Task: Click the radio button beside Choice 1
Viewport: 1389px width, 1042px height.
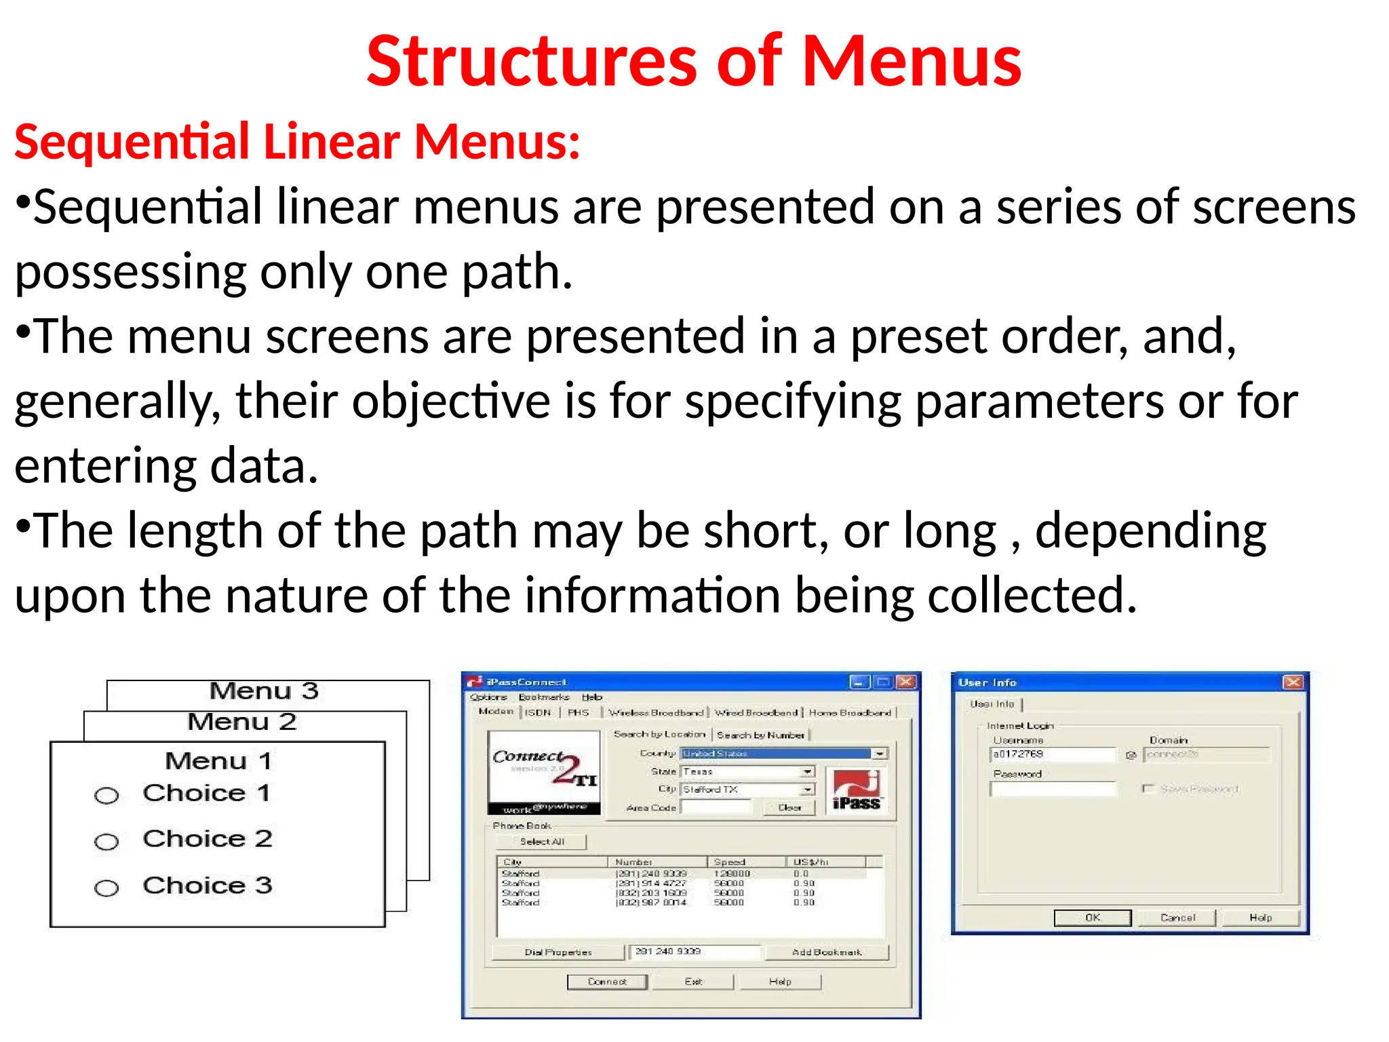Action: click(106, 795)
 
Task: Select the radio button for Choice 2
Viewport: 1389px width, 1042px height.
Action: click(106, 842)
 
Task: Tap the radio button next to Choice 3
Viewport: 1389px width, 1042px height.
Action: click(106, 888)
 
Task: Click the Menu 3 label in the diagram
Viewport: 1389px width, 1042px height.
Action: click(264, 691)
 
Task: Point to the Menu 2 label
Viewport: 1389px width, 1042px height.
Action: click(242, 722)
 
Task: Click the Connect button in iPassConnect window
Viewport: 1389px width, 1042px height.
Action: click(607, 982)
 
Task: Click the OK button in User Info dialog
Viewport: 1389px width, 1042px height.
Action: click(1092, 918)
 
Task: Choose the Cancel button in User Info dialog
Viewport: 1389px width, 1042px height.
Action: click(1177, 918)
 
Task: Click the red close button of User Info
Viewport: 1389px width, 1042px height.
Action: click(1293, 682)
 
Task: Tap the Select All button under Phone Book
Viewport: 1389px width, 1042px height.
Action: click(542, 842)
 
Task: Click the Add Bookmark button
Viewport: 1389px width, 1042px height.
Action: click(827, 952)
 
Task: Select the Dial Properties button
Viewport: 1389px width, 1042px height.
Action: click(557, 952)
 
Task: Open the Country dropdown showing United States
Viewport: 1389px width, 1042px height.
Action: click(880, 754)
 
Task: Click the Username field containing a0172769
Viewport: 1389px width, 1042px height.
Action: click(1052, 754)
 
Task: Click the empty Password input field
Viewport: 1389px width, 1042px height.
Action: click(1052, 789)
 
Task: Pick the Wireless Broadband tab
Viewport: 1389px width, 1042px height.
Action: click(656, 713)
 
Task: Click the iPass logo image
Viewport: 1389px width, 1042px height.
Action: click(856, 790)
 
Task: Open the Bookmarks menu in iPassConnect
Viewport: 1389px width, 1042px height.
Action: click(544, 697)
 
